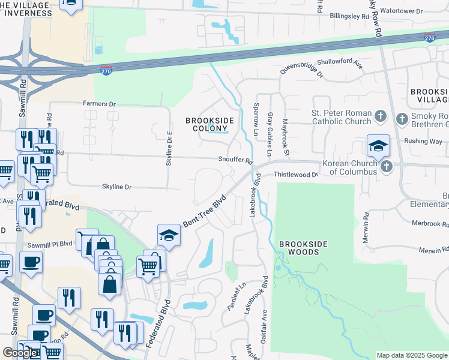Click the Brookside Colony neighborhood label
point(209,124)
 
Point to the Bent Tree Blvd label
point(205,211)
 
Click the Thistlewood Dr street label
point(295,175)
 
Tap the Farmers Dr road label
point(99,104)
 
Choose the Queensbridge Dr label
point(301,73)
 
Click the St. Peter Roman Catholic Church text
point(341,117)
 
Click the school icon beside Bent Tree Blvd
point(169,235)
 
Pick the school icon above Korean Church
point(379,145)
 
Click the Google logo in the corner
point(20,353)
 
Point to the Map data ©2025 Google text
point(412,355)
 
